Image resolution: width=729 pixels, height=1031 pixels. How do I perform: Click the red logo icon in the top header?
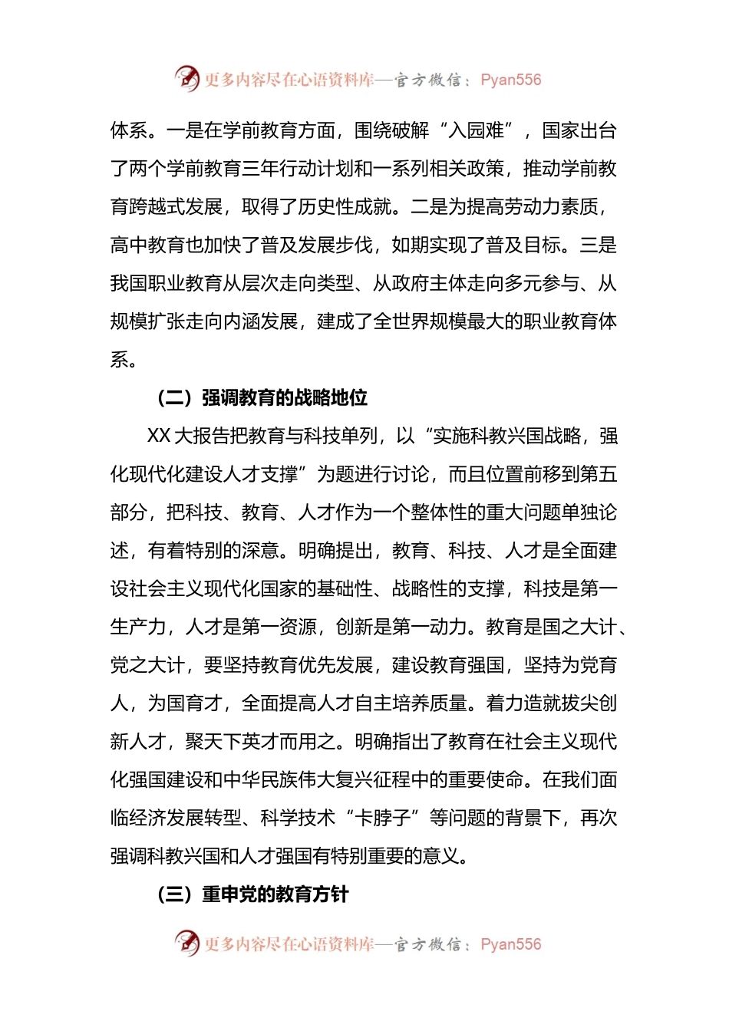[x=186, y=78]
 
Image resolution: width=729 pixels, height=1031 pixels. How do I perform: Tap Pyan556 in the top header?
[x=510, y=80]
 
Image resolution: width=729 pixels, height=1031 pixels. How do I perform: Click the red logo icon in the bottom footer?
[x=186, y=943]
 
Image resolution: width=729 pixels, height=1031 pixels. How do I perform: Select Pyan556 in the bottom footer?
[x=510, y=944]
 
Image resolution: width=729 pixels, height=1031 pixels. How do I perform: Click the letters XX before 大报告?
[x=159, y=436]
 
